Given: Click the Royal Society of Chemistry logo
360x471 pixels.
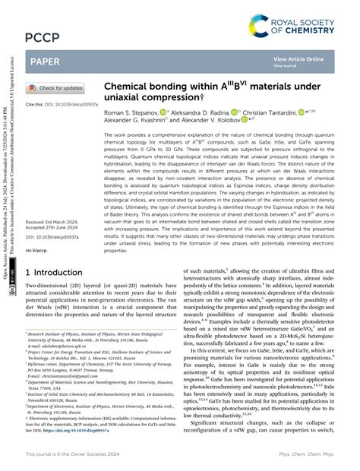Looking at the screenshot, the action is [x=307, y=20].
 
